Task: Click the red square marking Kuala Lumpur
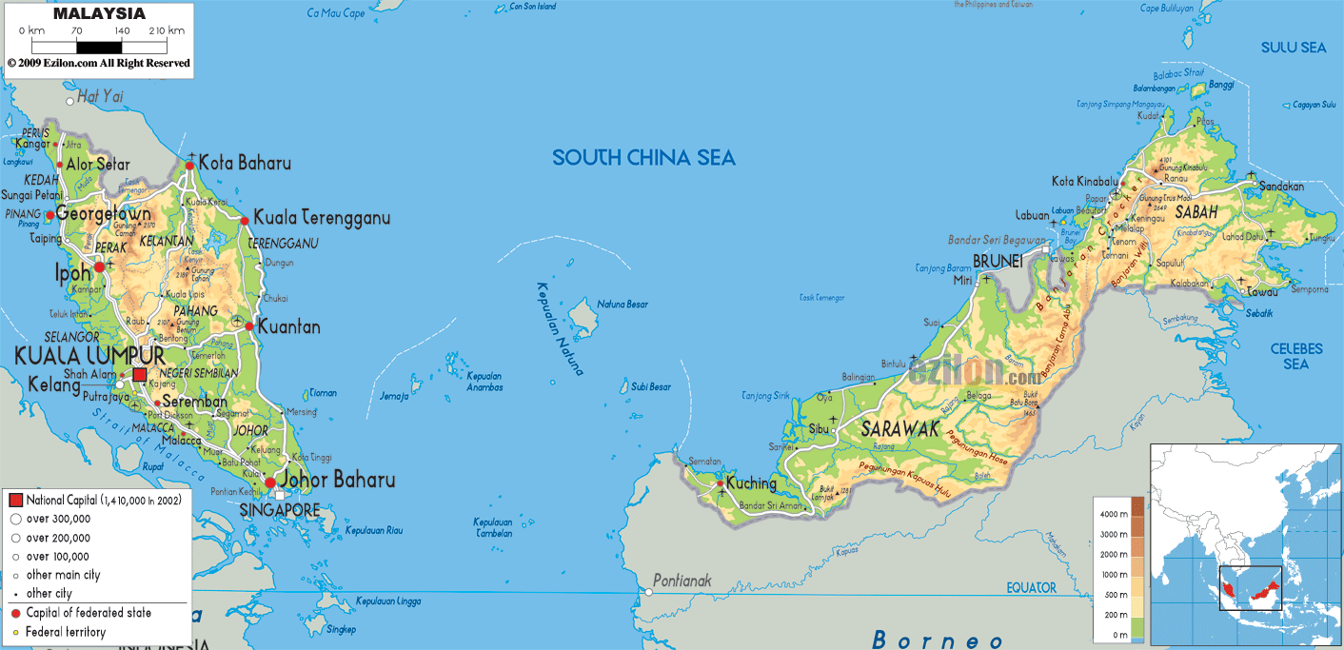[x=140, y=375]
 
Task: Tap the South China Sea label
[x=643, y=158]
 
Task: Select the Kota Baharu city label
[x=245, y=163]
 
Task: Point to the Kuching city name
[x=751, y=483]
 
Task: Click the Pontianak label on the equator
[x=682, y=581]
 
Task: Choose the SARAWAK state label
[x=900, y=429]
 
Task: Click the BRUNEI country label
[x=998, y=261]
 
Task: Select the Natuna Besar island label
[x=623, y=305]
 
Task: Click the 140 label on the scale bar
[x=122, y=30]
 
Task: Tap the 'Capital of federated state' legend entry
[x=89, y=613]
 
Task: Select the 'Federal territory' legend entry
[x=66, y=632]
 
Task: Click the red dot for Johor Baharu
[x=270, y=483]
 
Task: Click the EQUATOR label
[x=1032, y=588]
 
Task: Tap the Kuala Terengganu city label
[x=322, y=218]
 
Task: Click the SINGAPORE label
[x=280, y=511]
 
